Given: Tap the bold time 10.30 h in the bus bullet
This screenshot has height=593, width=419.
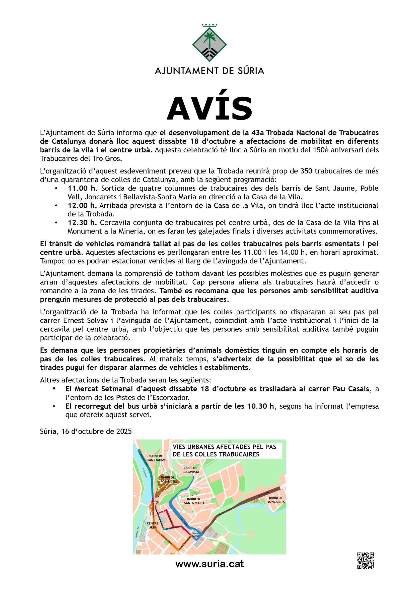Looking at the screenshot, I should [260, 406].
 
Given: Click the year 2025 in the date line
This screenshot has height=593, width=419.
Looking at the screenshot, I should [124, 432].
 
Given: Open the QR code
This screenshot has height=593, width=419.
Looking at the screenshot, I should [365, 561].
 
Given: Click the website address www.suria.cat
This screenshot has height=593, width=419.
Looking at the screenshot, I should [209, 564].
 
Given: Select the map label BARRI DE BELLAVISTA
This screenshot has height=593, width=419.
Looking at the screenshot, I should [190, 470].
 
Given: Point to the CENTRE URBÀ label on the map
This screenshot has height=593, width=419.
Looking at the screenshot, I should [152, 525].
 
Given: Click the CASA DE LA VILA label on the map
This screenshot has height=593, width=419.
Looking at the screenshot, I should [195, 535].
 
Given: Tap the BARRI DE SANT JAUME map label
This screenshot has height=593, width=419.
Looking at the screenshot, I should [157, 458].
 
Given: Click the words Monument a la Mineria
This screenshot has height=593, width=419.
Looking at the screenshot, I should [105, 231].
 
